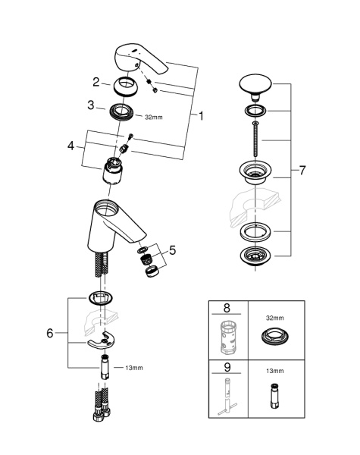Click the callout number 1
pos(202,117)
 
